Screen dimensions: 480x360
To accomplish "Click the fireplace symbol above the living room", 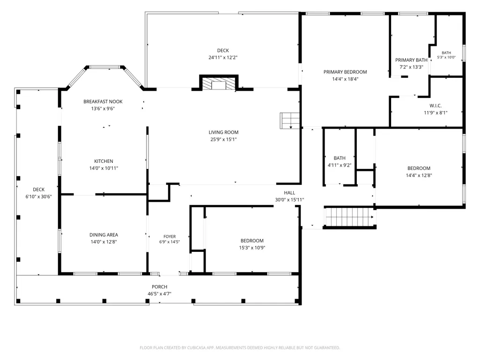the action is point(219,83).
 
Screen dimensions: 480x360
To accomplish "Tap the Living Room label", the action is point(223,132).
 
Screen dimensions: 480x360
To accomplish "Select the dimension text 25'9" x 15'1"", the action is point(223,140).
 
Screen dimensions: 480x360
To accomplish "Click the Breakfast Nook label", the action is point(103,102).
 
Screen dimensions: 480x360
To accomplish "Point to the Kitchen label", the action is point(103,162).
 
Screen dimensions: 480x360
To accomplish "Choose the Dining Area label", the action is point(103,235).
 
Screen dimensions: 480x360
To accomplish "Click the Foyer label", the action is point(170,236).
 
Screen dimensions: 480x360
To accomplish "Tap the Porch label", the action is point(160,287).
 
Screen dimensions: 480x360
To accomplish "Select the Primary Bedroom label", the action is point(345,72).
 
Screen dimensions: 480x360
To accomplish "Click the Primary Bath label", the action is point(411,60).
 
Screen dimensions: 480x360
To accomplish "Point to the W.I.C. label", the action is point(436,106).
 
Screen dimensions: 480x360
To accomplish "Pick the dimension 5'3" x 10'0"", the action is point(446,57).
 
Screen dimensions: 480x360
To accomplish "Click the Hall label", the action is point(289,192).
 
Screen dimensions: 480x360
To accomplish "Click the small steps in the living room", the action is point(289,121).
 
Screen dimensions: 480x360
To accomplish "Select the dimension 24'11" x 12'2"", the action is point(223,58).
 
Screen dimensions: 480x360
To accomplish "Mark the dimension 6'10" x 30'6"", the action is point(38,197).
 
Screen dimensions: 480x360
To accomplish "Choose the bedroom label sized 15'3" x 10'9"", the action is point(252,241).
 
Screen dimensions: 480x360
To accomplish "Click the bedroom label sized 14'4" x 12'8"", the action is point(419,168).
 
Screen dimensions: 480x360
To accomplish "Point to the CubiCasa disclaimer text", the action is point(240,348).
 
